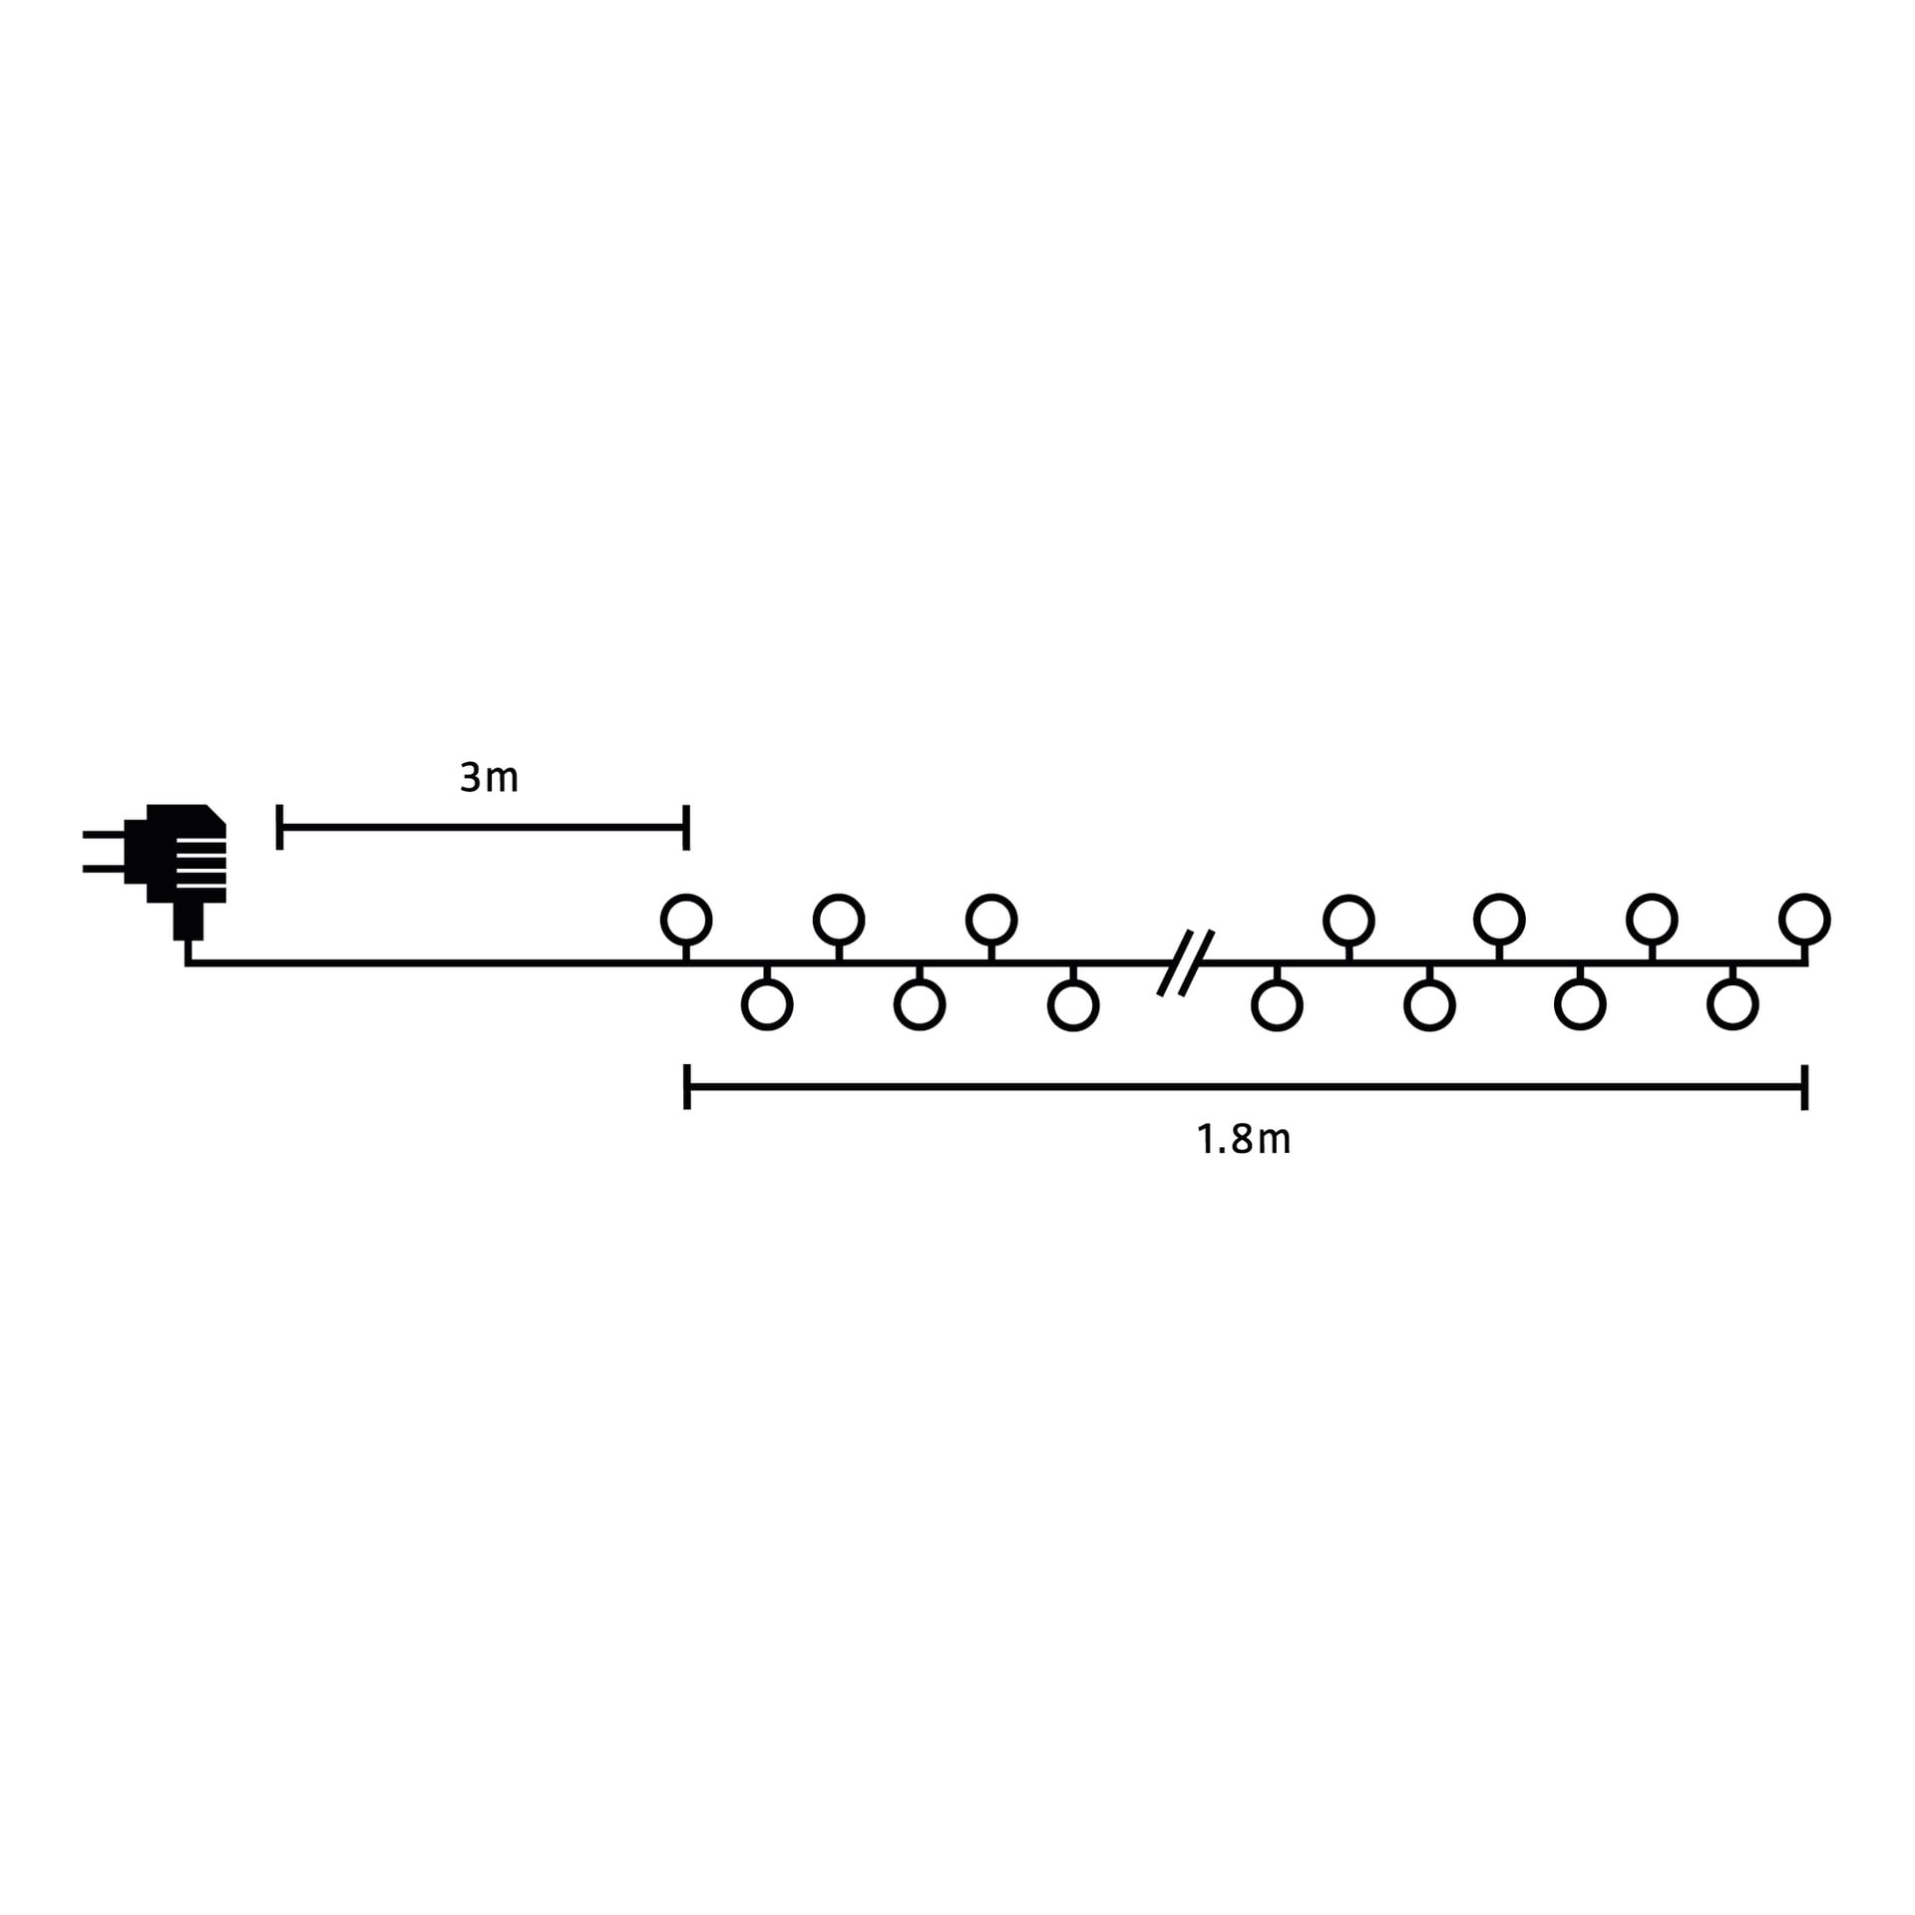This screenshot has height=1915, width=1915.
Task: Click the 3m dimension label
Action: click(489, 777)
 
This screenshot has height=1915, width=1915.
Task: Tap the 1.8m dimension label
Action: click(1243, 1139)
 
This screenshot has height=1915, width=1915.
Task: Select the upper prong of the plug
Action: click(104, 834)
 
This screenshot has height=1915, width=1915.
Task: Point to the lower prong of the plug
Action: click(104, 869)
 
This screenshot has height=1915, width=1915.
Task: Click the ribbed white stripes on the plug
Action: click(201, 863)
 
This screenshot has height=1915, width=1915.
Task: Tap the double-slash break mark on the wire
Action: click(1186, 962)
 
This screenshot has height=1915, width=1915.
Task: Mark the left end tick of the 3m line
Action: click(279, 827)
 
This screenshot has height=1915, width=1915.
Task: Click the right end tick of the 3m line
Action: click(686, 827)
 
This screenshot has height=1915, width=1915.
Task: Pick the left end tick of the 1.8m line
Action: click(687, 1087)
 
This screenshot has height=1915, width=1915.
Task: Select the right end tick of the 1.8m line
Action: click(1805, 1087)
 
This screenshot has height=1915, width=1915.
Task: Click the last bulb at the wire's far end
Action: click(1804, 919)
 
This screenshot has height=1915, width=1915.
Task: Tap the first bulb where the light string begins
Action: click(686, 919)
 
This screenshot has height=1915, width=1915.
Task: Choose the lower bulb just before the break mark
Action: click(1073, 1004)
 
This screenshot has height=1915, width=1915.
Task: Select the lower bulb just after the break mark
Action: click(1277, 1004)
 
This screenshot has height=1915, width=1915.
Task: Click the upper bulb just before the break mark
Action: click(991, 919)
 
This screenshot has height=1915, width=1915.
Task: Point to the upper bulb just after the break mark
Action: click(1348, 919)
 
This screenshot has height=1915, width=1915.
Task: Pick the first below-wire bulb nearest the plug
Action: click(767, 1004)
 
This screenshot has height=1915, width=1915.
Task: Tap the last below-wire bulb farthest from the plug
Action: click(1732, 1004)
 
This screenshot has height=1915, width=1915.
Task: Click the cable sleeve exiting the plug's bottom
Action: click(188, 921)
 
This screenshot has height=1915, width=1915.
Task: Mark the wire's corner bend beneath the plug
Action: click(188, 962)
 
